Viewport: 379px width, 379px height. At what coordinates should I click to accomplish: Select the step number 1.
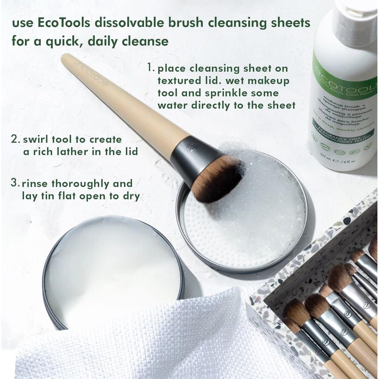pos(151,68)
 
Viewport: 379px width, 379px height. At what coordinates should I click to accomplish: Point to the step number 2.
pos(15,139)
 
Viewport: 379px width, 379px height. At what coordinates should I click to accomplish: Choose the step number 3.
pos(15,183)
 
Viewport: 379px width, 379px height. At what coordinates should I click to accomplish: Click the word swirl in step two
pos(35,139)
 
